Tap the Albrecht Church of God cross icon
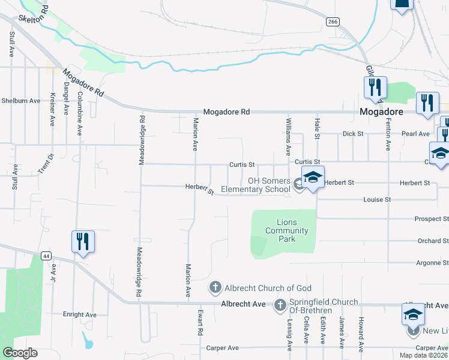(215, 287)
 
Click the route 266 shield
(333, 21)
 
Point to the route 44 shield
(46, 256)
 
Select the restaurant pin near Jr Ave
(83, 242)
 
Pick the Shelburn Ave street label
(20, 101)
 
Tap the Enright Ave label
(79, 314)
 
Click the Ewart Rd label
(200, 323)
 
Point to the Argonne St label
(432, 263)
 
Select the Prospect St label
(431, 220)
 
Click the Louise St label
(377, 199)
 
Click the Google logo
(20, 353)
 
